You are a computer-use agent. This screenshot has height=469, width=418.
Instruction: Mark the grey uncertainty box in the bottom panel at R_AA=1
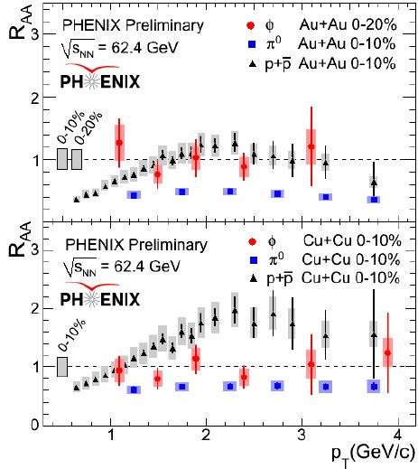(62, 366)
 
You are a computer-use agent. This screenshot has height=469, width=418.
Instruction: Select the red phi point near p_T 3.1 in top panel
(311, 146)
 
